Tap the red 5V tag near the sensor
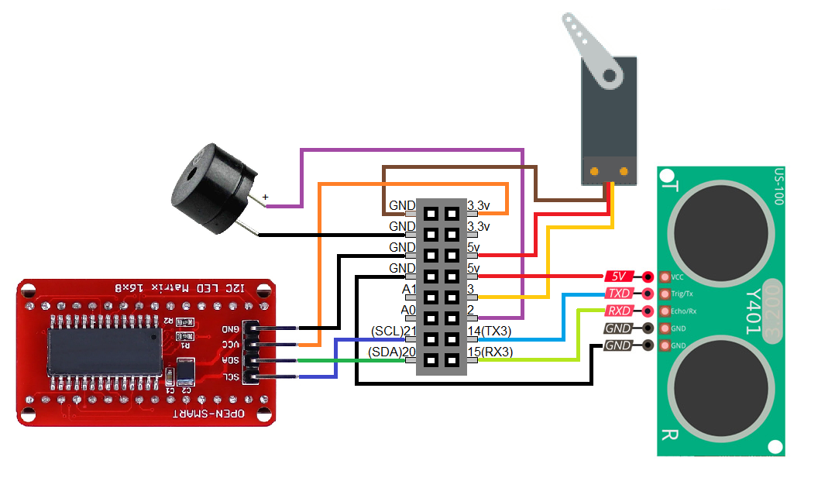pos(618,276)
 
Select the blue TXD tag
pos(619,294)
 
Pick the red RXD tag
pos(618,311)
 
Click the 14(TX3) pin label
pos(490,332)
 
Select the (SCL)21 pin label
pos(393,332)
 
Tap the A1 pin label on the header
pos(408,290)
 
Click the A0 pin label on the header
pos(408,311)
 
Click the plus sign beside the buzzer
pos(266,198)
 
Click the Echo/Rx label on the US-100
pos(682,311)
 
